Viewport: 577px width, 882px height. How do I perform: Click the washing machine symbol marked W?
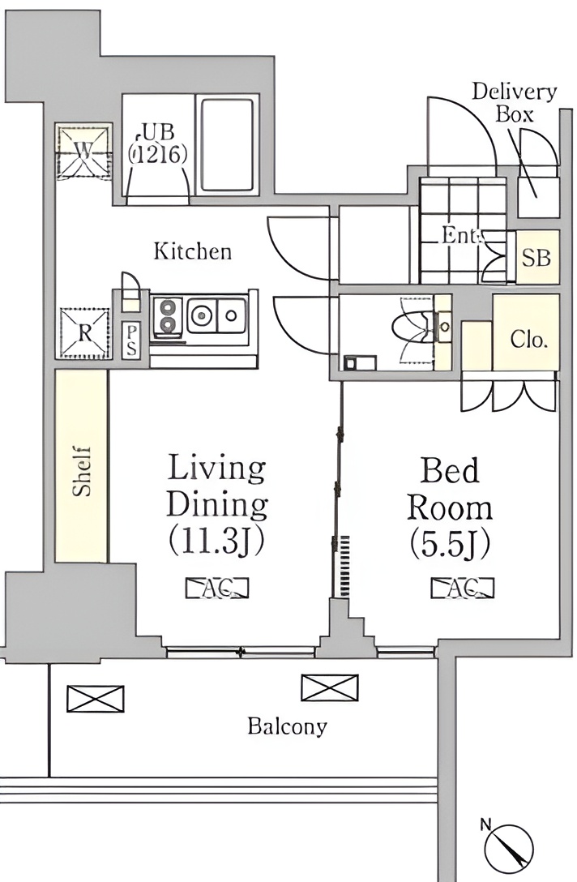[83, 151]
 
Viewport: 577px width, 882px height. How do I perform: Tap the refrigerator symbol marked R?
[84, 332]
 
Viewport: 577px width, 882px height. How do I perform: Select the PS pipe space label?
[131, 340]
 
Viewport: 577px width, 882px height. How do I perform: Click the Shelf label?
[82, 471]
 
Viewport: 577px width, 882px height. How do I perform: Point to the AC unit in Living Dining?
[217, 588]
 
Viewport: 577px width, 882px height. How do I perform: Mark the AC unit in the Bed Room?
[462, 588]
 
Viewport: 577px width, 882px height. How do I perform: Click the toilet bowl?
[411, 328]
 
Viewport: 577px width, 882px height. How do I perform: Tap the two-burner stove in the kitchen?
[167, 316]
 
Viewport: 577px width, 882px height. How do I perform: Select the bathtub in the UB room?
[227, 146]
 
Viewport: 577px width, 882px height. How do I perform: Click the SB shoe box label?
[536, 258]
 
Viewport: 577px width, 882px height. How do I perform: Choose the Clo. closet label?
[528, 339]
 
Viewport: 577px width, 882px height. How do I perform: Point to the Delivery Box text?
[514, 102]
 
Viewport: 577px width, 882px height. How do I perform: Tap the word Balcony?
[288, 726]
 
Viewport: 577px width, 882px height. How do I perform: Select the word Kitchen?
[192, 250]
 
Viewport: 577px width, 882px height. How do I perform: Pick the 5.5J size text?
[450, 543]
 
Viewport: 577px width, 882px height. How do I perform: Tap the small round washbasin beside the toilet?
[444, 326]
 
